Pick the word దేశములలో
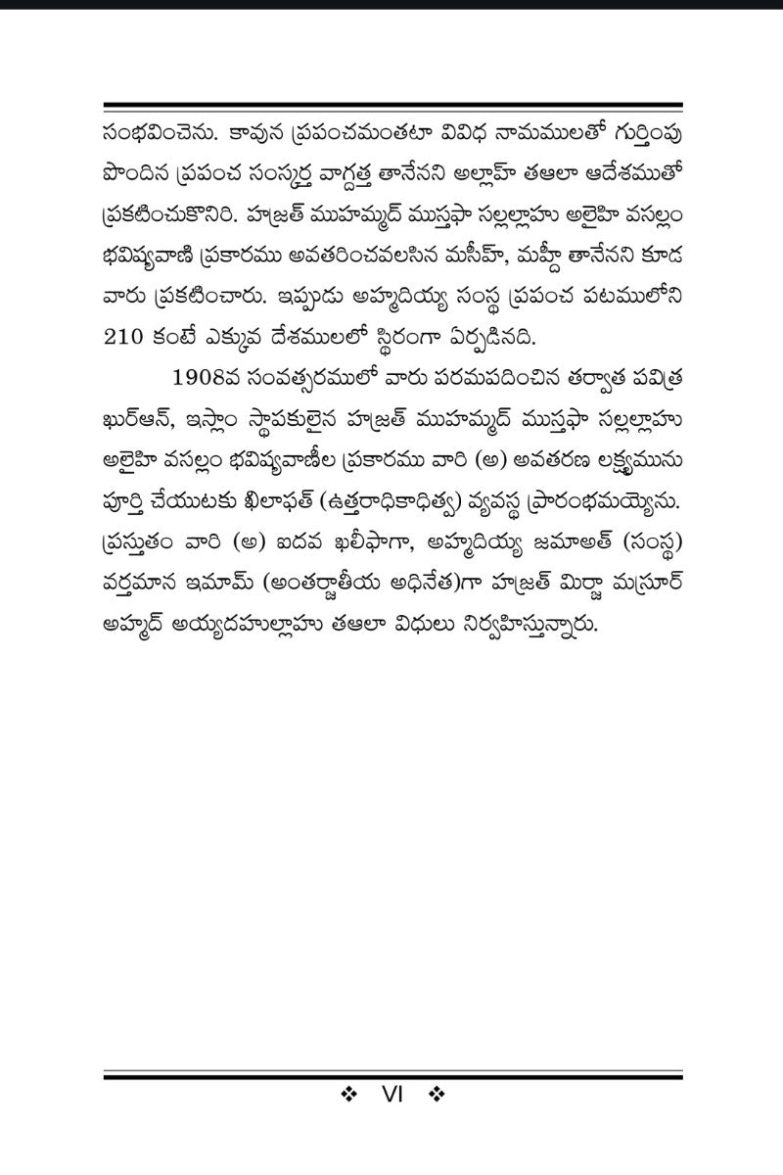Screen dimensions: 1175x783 376,338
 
